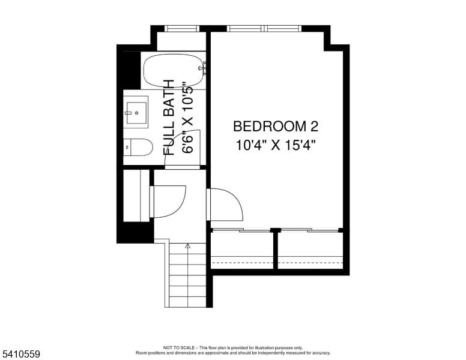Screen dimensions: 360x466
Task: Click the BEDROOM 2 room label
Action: (275, 127)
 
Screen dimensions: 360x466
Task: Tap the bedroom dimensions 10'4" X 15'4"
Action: (275, 145)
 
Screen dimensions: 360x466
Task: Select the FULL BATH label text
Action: (170, 118)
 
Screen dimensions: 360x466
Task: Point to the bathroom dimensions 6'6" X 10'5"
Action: (187, 118)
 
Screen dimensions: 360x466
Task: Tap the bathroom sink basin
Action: (136, 111)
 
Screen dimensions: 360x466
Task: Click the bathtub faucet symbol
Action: (203, 68)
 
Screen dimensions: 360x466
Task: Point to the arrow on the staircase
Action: (187, 246)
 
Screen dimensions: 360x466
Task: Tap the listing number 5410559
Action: (20, 355)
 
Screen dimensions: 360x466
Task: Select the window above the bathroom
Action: (182, 28)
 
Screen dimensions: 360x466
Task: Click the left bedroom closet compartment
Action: (242, 249)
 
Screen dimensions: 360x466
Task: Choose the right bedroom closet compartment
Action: (310, 249)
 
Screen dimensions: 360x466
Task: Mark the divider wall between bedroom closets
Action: (276, 249)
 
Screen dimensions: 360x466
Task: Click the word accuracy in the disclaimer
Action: (319, 353)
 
